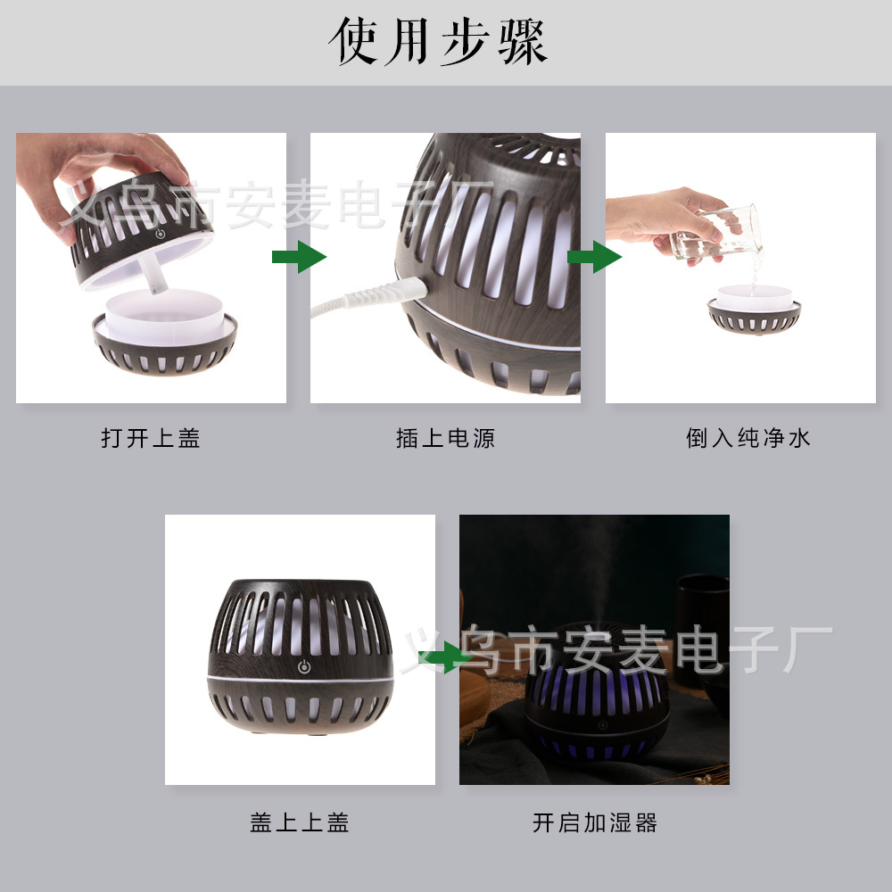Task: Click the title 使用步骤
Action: tap(438, 41)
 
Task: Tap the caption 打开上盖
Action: tap(151, 438)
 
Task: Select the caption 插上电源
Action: tap(445, 438)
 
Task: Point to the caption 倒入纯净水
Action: tap(748, 438)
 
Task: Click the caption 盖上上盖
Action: tap(300, 822)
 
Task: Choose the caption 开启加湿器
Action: tap(595, 822)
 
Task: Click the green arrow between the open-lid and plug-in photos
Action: tap(299, 257)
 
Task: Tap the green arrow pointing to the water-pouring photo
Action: tap(594, 257)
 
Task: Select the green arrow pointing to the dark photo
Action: tap(445, 657)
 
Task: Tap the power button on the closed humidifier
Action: tap(304, 666)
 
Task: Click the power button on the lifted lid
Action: tap(161, 233)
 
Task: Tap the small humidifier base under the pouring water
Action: tap(754, 310)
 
